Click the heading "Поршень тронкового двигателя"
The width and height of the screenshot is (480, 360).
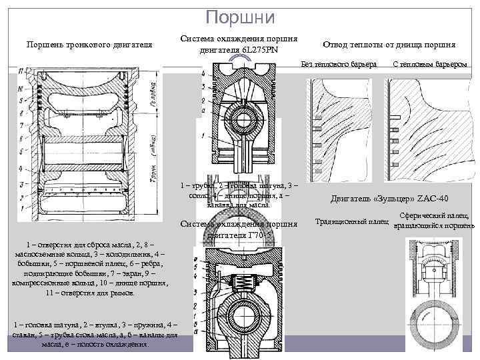89,44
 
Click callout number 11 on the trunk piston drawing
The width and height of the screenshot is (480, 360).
21,70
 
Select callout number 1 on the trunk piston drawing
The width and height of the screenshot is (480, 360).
21,208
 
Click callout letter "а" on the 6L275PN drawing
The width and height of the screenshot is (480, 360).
203,110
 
